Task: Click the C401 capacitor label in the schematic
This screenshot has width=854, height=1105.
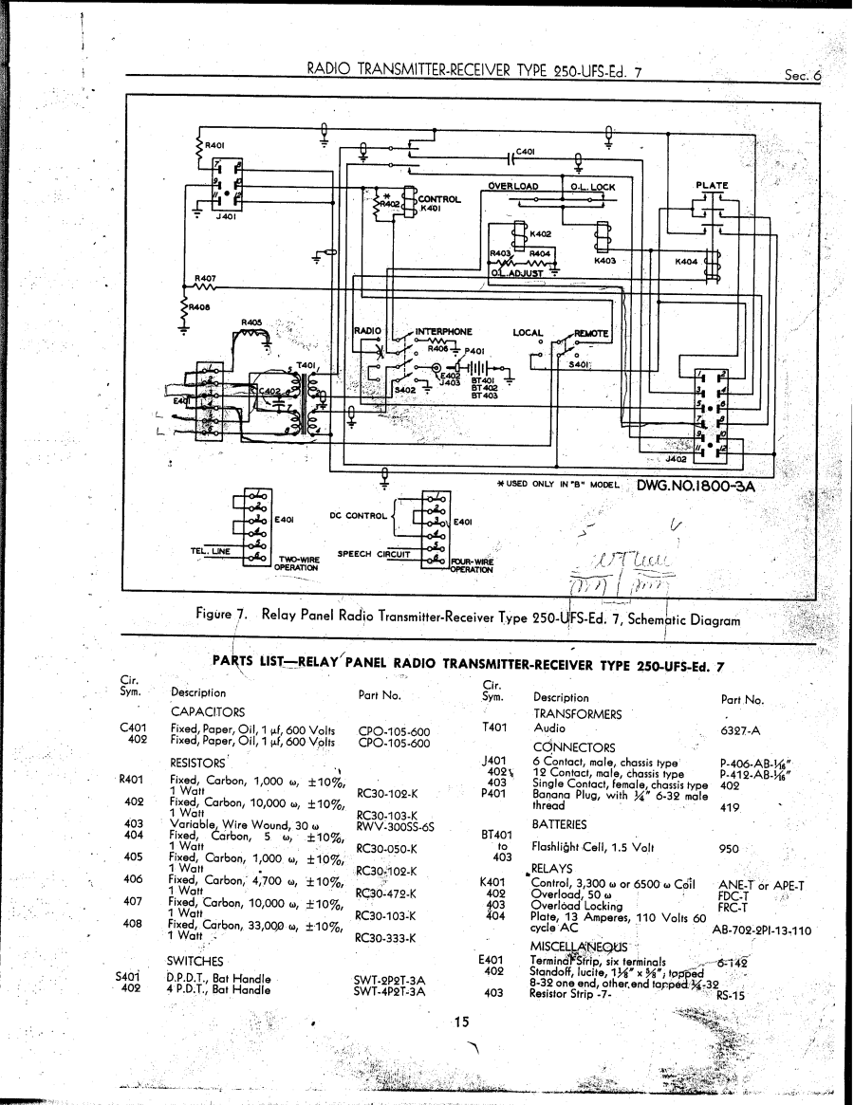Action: point(527,151)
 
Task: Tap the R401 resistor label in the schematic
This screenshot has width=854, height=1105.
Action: point(214,145)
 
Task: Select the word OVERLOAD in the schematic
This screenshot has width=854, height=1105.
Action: point(513,186)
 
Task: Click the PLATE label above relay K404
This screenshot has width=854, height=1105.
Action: point(712,186)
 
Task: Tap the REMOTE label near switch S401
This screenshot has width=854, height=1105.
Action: point(591,333)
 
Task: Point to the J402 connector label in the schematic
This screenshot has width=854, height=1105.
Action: point(676,460)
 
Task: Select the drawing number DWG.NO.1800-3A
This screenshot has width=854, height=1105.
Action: point(696,484)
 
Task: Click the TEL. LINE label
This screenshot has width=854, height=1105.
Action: point(210,551)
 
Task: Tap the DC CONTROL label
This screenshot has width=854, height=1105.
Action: point(358,515)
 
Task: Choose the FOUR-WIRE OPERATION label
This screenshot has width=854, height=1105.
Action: point(471,565)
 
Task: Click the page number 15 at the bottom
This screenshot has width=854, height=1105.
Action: point(461,1022)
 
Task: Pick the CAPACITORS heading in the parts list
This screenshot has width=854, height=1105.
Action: point(207,711)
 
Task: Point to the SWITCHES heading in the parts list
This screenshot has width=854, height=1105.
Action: point(195,961)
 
